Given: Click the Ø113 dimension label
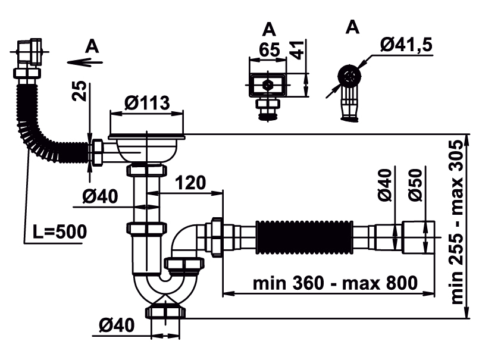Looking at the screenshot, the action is (x=147, y=102).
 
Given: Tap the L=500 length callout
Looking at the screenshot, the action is (x=60, y=231).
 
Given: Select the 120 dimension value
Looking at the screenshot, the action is (x=190, y=183).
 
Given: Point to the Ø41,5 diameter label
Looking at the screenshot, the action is (x=406, y=45).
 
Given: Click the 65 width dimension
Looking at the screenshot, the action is (x=269, y=49).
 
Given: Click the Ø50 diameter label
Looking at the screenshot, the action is (x=416, y=185).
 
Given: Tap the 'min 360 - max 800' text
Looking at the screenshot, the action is (x=335, y=283).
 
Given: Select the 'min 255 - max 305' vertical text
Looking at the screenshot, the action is (x=457, y=222).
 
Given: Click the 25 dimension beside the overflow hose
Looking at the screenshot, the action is (x=79, y=90).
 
